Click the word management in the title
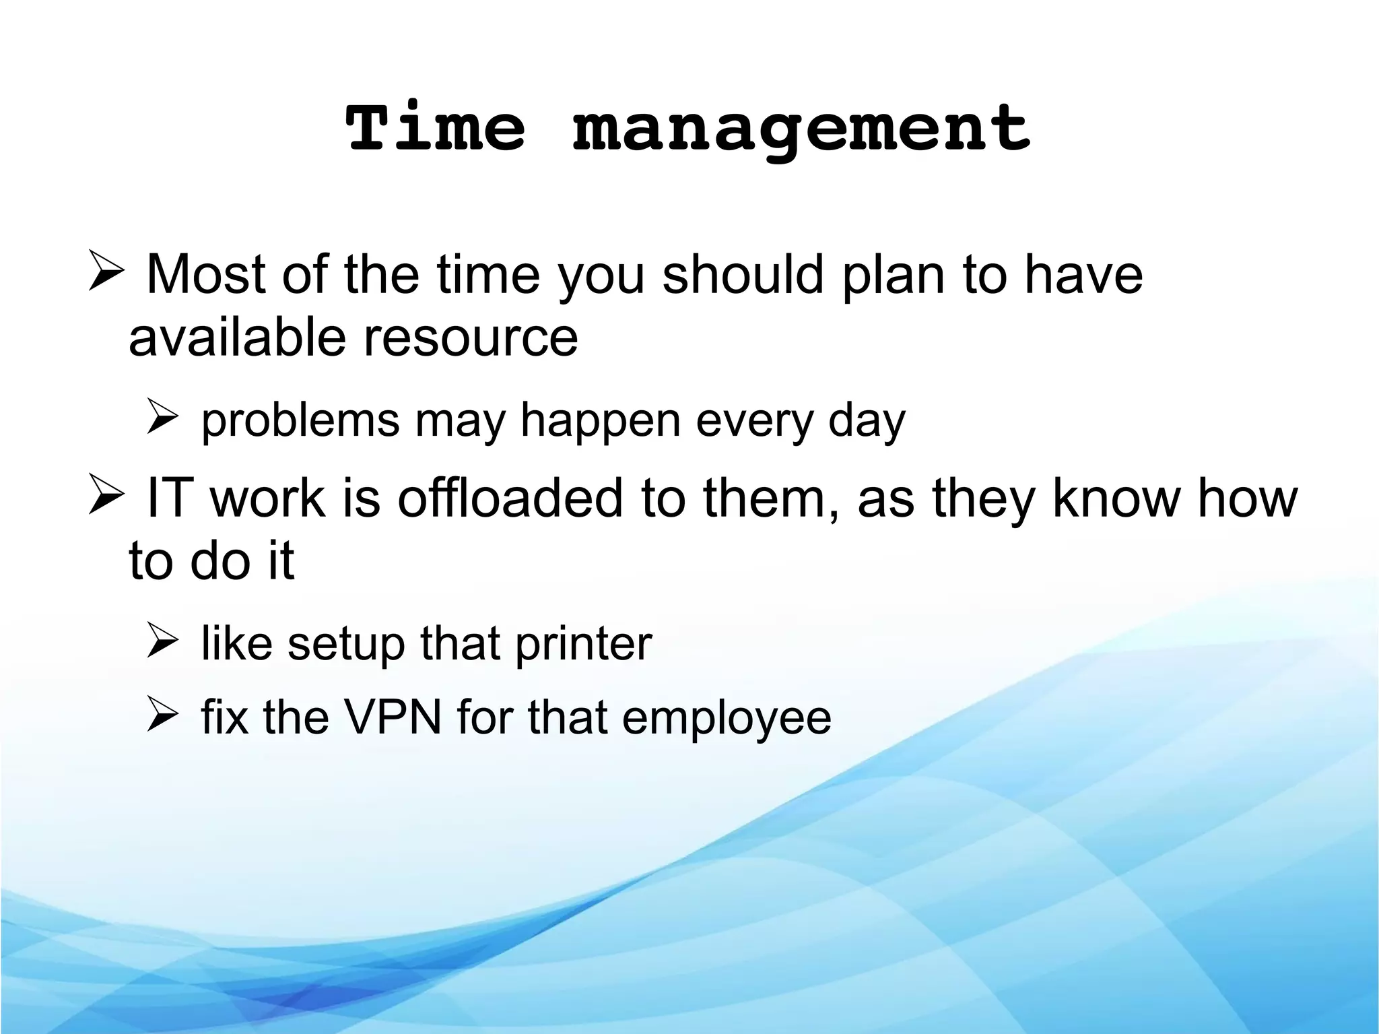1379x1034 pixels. [x=801, y=130]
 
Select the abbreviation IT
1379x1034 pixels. [x=170, y=498]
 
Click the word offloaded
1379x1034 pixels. [x=510, y=498]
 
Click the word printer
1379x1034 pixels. [x=583, y=644]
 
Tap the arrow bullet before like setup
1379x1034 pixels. [x=162, y=641]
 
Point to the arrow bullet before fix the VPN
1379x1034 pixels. [x=162, y=715]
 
